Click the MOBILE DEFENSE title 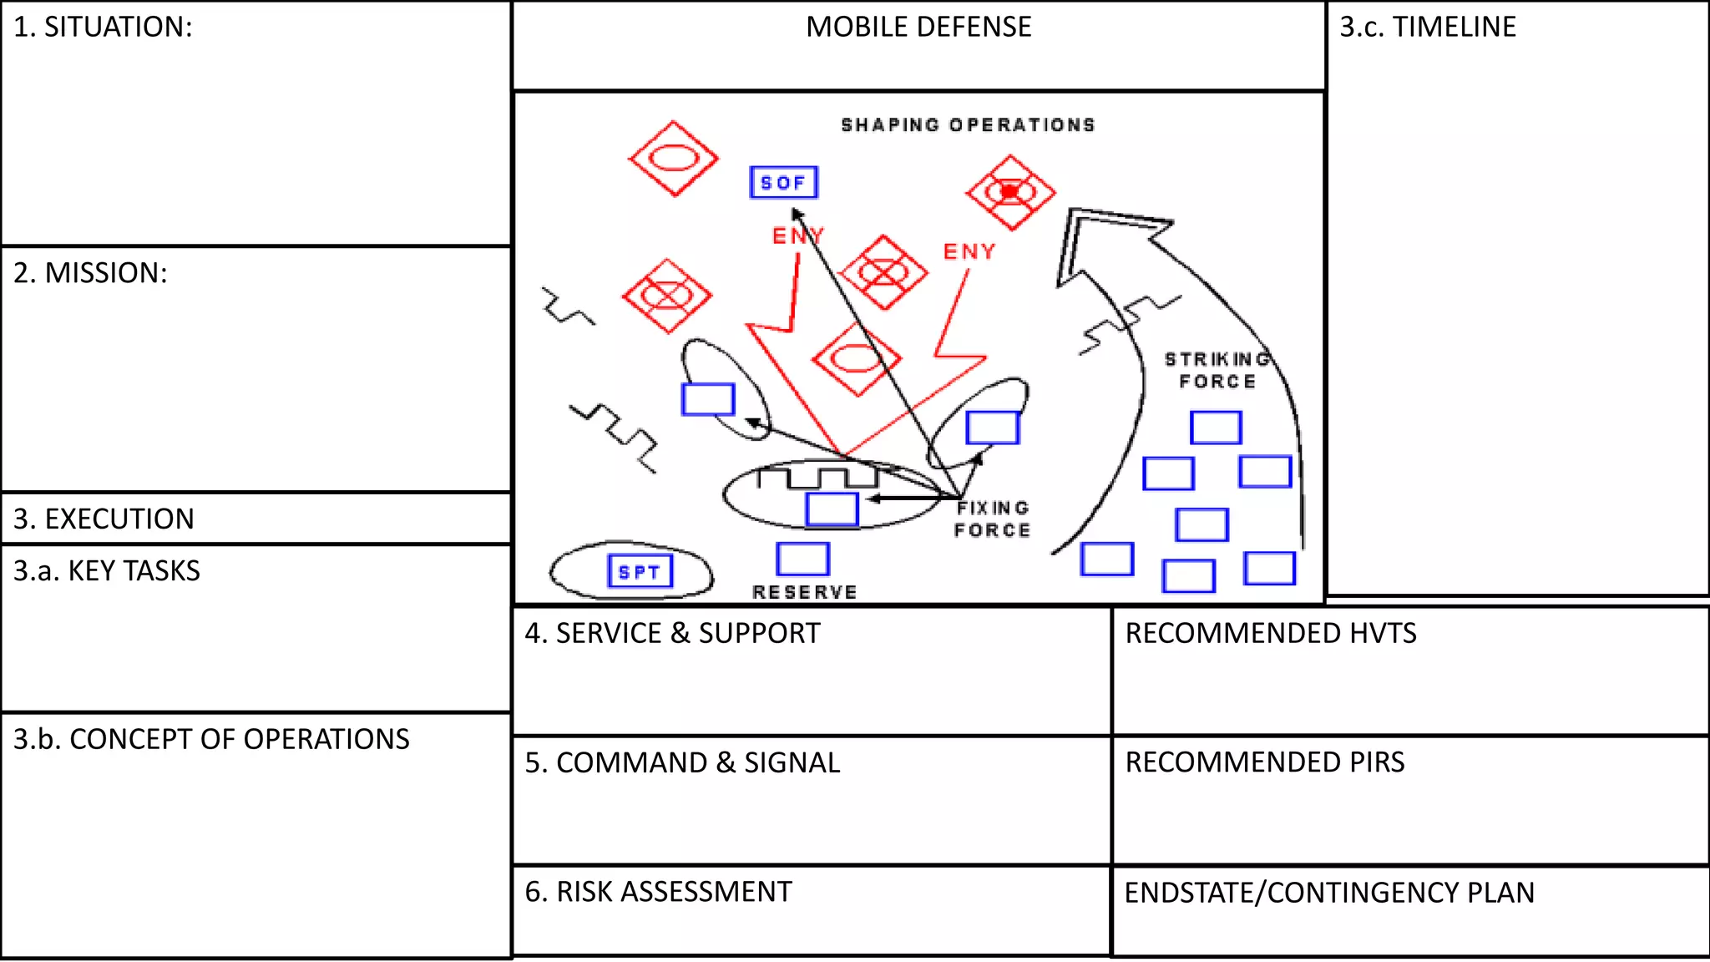click(918, 27)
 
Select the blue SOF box click(784, 182)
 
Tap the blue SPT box click(640, 571)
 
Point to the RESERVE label click(805, 592)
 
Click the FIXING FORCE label click(993, 519)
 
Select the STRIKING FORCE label click(1217, 370)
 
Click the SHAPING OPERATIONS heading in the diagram click(968, 124)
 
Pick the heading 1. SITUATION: click(103, 27)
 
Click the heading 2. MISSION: click(90, 273)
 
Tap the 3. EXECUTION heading click(104, 519)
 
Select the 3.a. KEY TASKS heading click(107, 570)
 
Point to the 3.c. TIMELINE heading click(1428, 27)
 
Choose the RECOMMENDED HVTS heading click(1271, 633)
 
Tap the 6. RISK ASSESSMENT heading click(658, 892)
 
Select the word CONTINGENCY click(1363, 893)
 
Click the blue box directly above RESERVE click(802, 559)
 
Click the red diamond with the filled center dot click(1010, 192)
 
